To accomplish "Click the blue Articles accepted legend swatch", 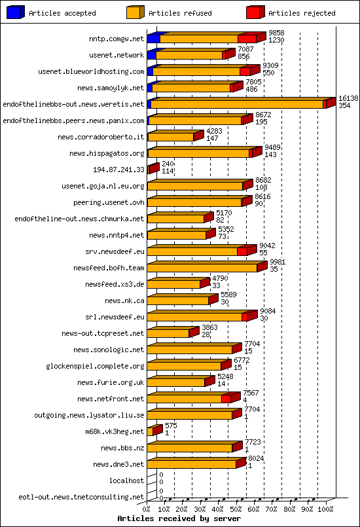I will (x=15, y=12).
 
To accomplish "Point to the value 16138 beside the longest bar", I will (x=348, y=98).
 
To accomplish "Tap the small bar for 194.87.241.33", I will (x=153, y=169).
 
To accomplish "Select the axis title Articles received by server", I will (x=178, y=518).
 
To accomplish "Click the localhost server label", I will (x=126, y=481).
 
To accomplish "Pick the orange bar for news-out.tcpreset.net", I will (x=168, y=333).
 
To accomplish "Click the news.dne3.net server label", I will (x=122, y=464).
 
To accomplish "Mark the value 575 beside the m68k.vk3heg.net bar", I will (x=171, y=426).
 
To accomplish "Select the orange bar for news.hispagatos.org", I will (x=198, y=153).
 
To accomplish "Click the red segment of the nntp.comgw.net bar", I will (x=247, y=39).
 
